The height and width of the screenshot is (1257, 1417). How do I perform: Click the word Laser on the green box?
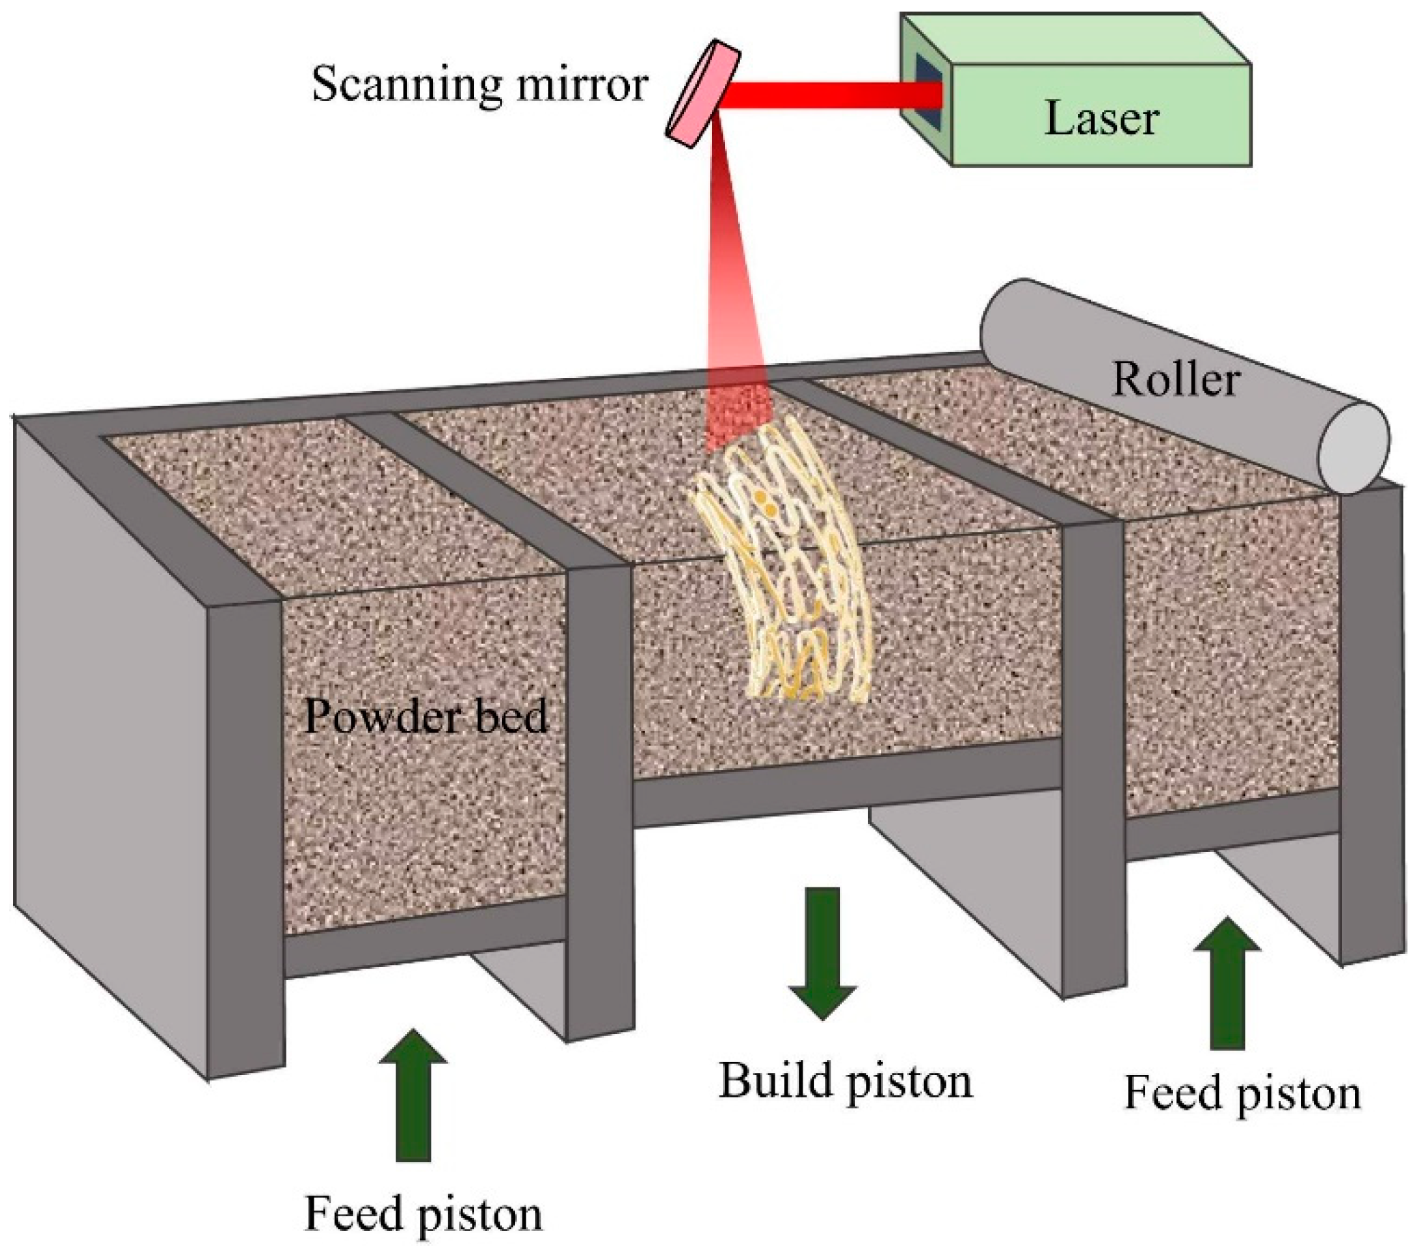(x=1100, y=119)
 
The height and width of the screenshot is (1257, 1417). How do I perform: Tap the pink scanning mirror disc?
(x=703, y=94)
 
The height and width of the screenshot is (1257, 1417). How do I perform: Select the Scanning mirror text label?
(x=480, y=85)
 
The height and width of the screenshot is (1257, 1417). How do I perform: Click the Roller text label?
(x=1176, y=379)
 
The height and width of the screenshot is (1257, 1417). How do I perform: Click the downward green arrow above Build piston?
(x=823, y=953)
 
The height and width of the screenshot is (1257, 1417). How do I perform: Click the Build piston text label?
(x=845, y=1081)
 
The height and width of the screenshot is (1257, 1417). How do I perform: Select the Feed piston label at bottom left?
(x=423, y=1213)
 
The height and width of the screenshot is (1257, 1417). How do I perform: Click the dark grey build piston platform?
(x=846, y=784)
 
